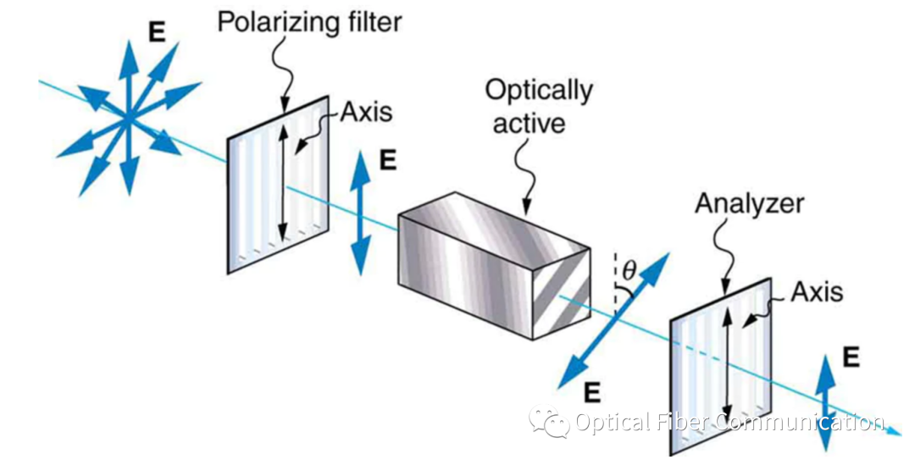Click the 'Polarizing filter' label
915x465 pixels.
308,20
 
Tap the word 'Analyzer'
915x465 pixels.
749,203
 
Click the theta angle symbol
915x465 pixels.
628,272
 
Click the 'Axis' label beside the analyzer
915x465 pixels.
817,292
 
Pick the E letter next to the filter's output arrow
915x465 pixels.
387,161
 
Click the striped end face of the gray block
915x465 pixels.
559,292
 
